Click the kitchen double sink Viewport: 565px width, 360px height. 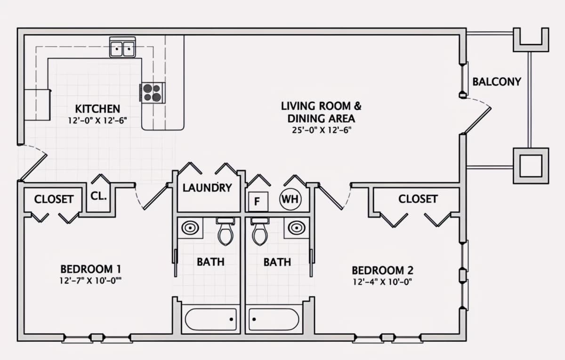122,47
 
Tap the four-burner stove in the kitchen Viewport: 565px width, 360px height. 152,93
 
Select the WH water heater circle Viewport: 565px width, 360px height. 291,199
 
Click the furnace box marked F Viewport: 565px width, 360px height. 258,202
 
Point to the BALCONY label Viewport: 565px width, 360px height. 497,82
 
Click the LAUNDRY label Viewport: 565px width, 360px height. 207,188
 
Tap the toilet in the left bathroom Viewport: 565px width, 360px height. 225,231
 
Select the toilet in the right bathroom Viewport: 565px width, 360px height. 260,231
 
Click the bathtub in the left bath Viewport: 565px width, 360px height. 210,319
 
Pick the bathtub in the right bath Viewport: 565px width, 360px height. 274,319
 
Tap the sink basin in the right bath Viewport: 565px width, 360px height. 297,228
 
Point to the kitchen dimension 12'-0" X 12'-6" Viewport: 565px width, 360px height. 97,121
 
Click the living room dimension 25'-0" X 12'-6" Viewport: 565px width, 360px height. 322,130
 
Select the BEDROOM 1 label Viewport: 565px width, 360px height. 91,269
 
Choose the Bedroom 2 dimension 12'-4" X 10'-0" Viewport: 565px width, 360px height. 382,282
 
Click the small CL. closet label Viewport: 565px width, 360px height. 98,196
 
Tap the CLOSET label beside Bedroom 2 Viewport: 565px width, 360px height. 418,199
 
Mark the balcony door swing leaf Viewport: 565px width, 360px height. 477,121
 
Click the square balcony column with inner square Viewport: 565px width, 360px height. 531,166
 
